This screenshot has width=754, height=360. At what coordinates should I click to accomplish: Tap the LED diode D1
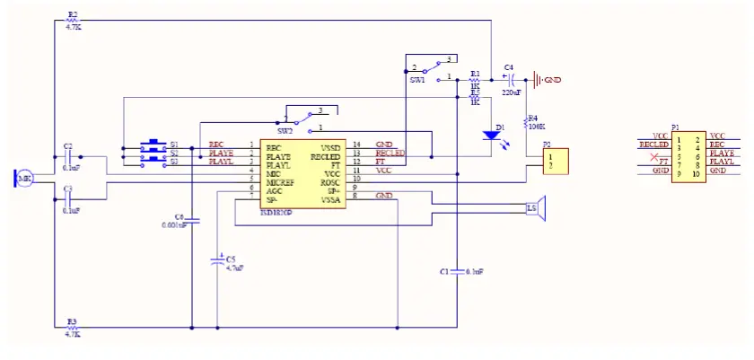coord(490,136)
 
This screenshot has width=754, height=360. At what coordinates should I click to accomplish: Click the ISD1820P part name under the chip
coord(277,214)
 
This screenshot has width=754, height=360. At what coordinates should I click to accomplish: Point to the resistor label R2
coord(73,15)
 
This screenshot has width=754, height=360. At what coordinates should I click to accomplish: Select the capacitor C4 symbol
coord(508,80)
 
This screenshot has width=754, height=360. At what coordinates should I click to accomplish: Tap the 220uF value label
coord(511,92)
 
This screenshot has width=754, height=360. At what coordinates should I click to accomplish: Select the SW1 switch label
coord(416,81)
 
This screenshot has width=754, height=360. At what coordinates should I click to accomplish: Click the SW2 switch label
coord(285,131)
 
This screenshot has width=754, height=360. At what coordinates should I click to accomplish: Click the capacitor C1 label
coord(443,270)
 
